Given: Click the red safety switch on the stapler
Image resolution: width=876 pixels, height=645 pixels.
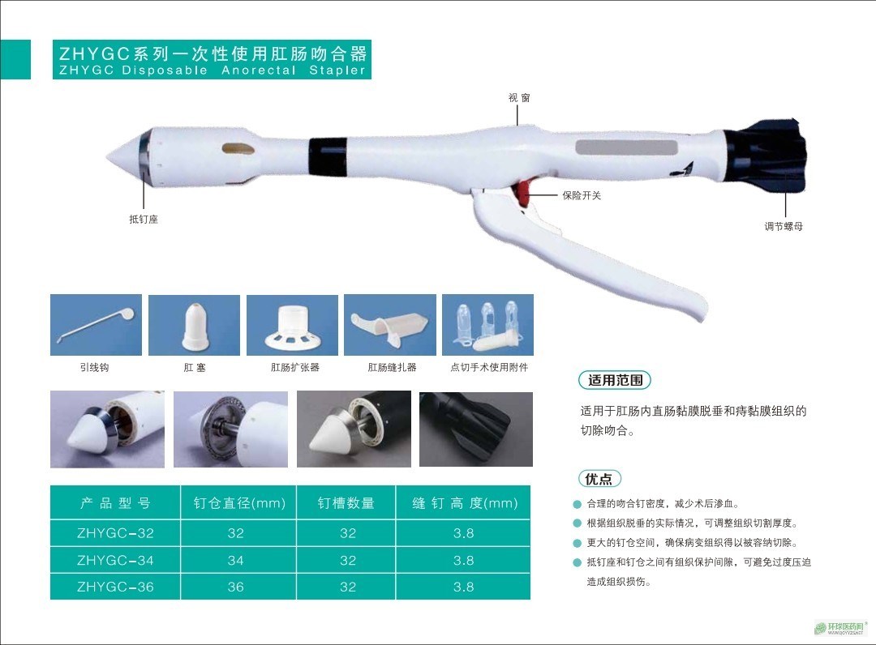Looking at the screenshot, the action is pos(523,193).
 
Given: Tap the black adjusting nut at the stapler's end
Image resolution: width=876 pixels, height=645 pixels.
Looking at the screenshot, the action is pos(766,155).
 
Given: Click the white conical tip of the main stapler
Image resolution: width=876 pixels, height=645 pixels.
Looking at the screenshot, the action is pos(123,156).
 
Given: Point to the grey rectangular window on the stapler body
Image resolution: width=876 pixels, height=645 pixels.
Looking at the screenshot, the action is pos(626,147).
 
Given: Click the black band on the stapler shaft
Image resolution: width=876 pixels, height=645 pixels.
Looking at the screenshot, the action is pos(328,155).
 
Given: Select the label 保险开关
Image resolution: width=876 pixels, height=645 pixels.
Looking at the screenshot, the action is pos(582,195).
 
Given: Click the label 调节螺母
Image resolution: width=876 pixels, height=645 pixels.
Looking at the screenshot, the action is pos(784,226).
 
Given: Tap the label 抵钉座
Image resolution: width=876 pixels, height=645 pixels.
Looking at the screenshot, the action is pos(144,220).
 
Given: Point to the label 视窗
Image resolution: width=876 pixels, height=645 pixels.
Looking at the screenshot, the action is pos(519,98).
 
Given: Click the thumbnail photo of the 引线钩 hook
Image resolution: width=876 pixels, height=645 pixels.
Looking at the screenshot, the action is pos(96,325).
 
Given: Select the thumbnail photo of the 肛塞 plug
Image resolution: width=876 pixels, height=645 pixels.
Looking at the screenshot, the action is pos(195,325).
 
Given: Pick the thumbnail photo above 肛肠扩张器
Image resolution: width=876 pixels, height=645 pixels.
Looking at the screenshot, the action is pos(292,325).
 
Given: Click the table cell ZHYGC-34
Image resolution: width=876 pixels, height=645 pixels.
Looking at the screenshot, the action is pos(115,560).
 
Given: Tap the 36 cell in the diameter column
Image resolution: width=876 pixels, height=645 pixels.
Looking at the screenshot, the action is pos(236,587).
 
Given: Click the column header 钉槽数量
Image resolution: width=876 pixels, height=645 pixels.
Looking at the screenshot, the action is pos(346,502).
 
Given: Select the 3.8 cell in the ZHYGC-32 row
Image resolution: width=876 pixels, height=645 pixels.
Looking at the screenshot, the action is pos(463,533).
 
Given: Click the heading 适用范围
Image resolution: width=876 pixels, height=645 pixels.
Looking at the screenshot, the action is pos(615,380).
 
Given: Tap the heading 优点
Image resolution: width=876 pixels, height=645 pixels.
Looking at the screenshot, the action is pos(599,479).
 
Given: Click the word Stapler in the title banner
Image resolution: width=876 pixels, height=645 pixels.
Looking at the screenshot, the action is pos(337,70).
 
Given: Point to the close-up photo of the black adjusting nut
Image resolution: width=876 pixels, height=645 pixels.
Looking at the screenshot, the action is pos(476,429).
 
